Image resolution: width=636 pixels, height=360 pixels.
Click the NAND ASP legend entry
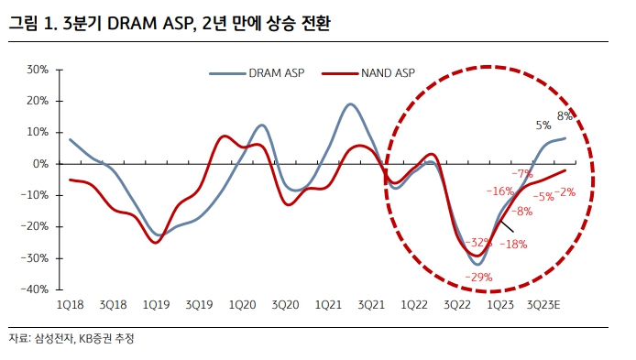click(378, 72)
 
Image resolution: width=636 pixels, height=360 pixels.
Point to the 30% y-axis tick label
click(38, 70)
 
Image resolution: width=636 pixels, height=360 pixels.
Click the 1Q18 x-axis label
click(70, 304)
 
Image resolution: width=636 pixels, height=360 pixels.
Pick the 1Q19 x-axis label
click(156, 304)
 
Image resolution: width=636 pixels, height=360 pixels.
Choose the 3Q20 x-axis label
click(286, 304)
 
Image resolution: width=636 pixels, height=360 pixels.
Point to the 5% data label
click(543, 125)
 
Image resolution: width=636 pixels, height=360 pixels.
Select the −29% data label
click(479, 277)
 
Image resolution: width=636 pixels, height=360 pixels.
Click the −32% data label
click(477, 243)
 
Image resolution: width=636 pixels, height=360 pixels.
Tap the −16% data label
click(499, 191)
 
